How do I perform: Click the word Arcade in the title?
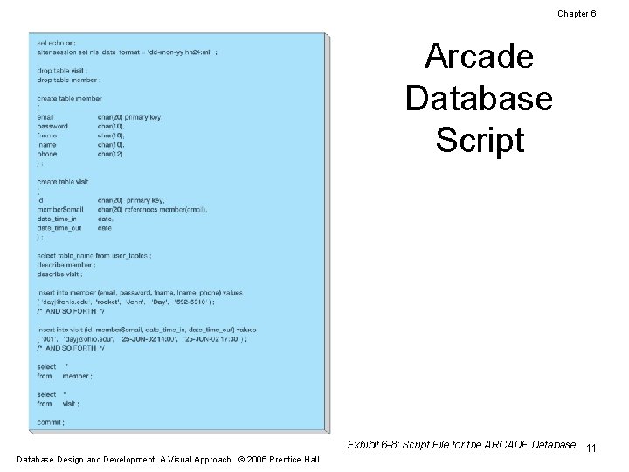click(x=479, y=58)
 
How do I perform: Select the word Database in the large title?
click(x=479, y=98)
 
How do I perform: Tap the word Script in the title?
click(x=479, y=140)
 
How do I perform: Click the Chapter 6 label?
click(x=576, y=13)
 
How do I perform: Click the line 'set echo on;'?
click(x=56, y=43)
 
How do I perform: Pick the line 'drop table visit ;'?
click(x=63, y=70)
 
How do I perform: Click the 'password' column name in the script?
click(x=52, y=126)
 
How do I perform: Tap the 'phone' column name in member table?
click(x=47, y=154)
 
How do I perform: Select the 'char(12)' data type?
click(x=111, y=154)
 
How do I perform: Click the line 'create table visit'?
click(x=63, y=181)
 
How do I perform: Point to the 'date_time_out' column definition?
click(x=60, y=227)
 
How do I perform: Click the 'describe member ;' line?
click(x=66, y=264)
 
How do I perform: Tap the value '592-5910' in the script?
click(x=192, y=302)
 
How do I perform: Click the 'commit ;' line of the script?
click(x=51, y=422)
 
